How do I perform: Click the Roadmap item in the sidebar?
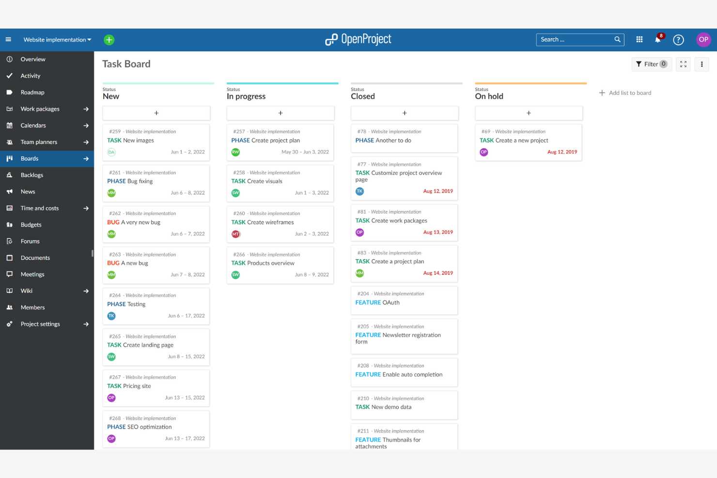[32, 93]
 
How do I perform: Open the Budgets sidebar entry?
[31, 225]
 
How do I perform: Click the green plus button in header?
[109, 40]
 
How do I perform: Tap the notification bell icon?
[657, 40]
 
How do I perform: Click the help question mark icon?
[678, 40]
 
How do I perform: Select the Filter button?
[651, 64]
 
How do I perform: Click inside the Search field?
[575, 40]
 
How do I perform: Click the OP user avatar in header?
[703, 40]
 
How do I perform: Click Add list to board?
[629, 93]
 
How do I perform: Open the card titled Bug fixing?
[140, 181]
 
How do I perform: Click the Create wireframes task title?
[270, 222]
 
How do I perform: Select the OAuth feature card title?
[390, 303]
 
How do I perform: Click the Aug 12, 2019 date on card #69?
[562, 152]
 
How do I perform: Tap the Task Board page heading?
[126, 64]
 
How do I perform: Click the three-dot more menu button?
[701, 64]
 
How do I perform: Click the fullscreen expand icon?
[683, 64]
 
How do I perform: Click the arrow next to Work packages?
[86, 109]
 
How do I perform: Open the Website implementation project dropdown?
[57, 40]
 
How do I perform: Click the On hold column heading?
[489, 96]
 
